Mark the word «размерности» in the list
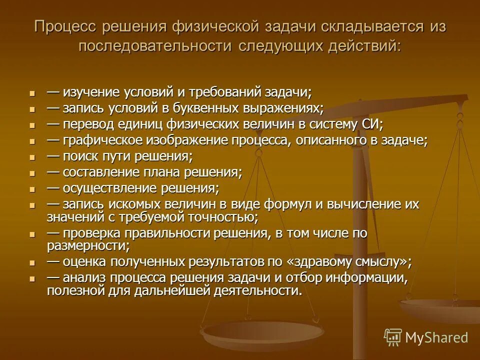point(88,245)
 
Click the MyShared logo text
point(436,337)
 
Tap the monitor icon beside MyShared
point(392,337)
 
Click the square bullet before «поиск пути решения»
point(33,157)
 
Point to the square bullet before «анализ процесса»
point(33,279)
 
